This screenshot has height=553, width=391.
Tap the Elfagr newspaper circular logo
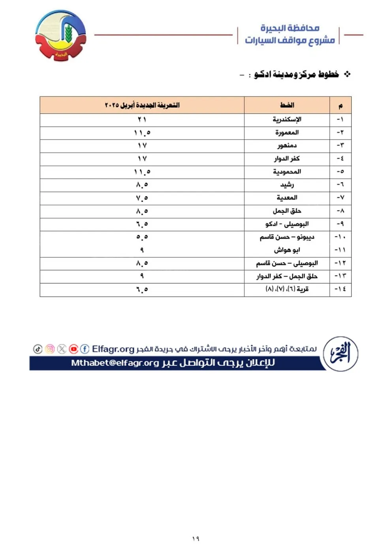click(x=340, y=354)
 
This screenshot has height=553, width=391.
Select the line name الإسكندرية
click(x=287, y=119)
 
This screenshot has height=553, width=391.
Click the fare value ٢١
click(x=142, y=119)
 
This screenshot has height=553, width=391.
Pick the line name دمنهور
click(x=287, y=145)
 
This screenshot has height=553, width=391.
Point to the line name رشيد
click(x=287, y=184)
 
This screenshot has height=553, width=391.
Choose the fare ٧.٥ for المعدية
click(x=142, y=198)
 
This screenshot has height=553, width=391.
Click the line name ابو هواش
click(x=287, y=250)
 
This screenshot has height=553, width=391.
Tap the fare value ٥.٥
click(x=142, y=237)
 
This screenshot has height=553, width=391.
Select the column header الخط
click(x=287, y=105)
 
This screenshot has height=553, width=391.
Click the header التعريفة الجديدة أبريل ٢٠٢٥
click(x=142, y=105)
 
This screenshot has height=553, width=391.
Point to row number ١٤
click(x=340, y=289)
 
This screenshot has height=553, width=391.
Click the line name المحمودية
click(x=287, y=171)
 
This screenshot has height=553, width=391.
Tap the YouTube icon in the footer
click(x=73, y=349)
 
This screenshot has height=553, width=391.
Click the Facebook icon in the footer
click(x=85, y=349)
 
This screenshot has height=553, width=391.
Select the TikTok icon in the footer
click(x=38, y=349)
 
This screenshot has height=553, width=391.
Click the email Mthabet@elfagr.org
click(x=115, y=363)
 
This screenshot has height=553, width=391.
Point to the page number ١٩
click(x=196, y=539)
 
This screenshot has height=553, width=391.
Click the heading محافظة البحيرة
click(x=290, y=28)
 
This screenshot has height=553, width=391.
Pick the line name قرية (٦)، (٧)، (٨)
click(x=287, y=289)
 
